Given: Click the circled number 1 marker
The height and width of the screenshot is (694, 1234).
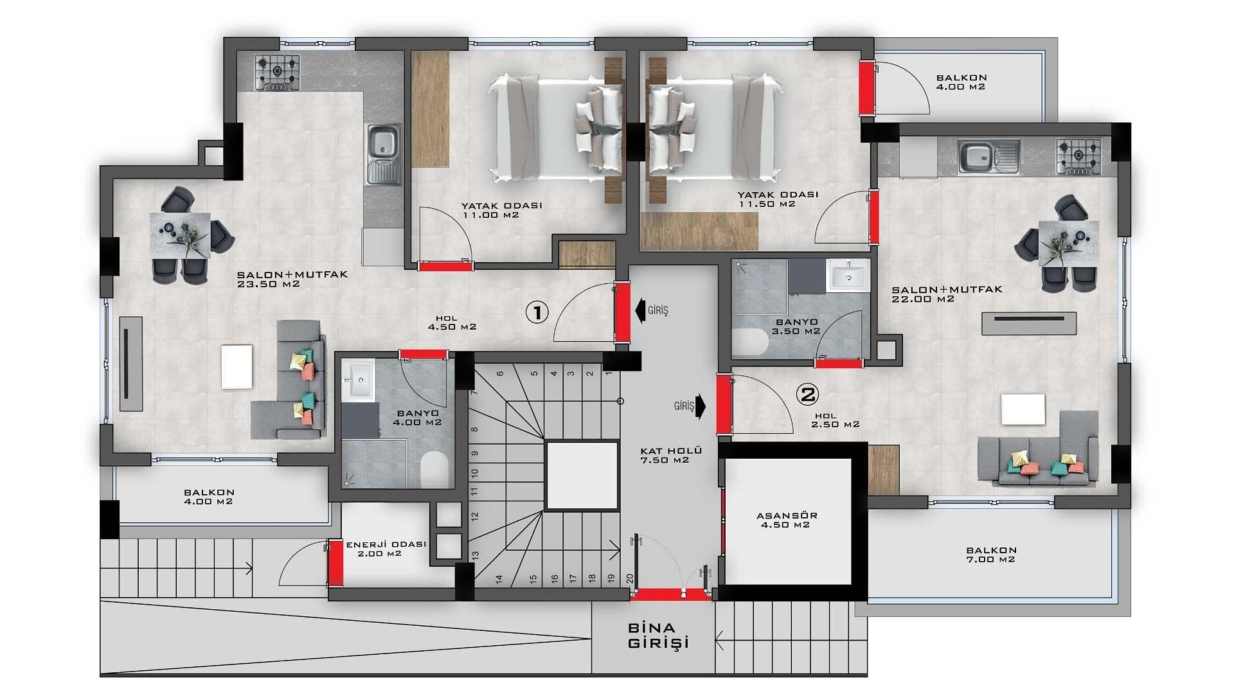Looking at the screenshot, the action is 537,312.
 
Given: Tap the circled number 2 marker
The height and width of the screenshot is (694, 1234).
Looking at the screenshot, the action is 807,394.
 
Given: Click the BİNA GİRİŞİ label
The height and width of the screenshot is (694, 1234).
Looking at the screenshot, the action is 658,636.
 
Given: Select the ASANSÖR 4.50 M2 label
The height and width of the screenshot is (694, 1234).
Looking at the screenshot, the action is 787,520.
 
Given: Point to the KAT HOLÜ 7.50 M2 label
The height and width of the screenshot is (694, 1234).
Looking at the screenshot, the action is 670,455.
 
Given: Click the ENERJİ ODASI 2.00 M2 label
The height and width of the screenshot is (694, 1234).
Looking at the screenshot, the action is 386,549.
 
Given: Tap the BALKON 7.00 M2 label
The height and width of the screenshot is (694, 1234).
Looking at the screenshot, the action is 991,555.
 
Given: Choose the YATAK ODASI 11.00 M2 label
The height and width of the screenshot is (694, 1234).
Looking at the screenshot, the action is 501,210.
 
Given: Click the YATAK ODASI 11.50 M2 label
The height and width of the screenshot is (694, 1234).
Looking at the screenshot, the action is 778,199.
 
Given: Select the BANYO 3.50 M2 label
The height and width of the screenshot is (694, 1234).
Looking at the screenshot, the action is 796,326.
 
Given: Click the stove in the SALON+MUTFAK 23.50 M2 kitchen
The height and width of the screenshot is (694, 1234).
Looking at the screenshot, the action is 278,71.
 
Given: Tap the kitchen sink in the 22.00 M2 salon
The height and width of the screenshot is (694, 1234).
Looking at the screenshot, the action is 988,157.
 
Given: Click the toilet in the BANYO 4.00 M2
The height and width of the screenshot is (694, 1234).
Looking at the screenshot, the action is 434,469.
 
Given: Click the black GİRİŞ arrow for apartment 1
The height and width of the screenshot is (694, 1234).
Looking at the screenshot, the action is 640,310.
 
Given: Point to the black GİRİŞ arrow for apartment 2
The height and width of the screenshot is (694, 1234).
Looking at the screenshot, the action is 701,406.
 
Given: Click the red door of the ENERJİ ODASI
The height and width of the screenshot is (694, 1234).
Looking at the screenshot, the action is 335,563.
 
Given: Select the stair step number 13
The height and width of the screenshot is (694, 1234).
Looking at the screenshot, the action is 476,555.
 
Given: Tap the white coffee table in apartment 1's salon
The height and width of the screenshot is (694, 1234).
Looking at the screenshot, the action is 237,367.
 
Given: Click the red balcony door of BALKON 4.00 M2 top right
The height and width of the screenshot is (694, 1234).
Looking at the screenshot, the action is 868,89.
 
